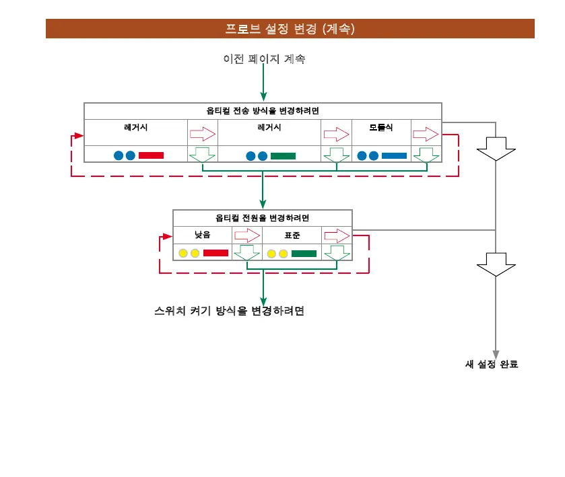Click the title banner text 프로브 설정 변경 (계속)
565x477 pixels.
tap(290, 29)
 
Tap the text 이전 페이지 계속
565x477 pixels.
tap(264, 59)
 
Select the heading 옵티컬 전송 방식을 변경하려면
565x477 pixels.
tap(263, 111)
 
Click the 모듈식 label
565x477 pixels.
tap(380, 127)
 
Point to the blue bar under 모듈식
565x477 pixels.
tap(394, 155)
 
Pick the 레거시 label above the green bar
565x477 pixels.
tap(269, 127)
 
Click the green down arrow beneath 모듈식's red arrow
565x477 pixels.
tap(426, 155)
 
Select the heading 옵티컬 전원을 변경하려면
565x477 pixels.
tap(263, 218)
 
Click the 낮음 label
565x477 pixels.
tap(202, 235)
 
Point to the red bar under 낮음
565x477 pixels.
tap(215, 253)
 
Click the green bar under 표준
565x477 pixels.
tap(304, 253)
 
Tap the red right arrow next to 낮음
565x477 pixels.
tap(247, 235)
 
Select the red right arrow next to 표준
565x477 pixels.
tap(337, 235)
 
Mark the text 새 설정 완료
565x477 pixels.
tap(492, 365)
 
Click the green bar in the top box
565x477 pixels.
tap(283, 155)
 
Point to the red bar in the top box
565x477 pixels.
tap(151, 155)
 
